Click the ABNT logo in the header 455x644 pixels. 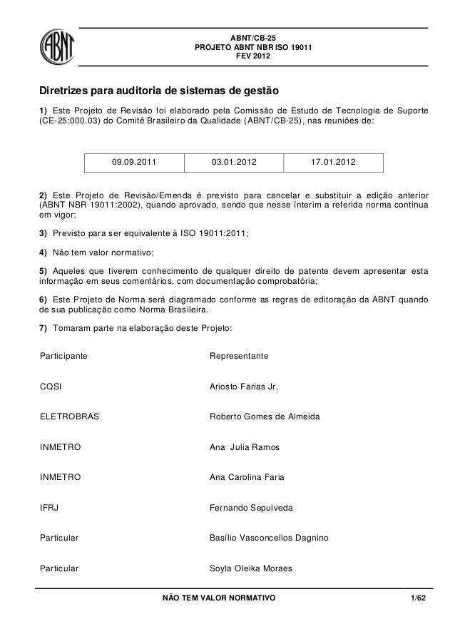pyautogui.click(x=61, y=47)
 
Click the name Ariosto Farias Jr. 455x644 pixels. pyautogui.click(x=242, y=386)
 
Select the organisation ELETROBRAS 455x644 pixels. pyautogui.click(x=68, y=416)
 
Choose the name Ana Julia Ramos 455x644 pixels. pyautogui.click(x=244, y=447)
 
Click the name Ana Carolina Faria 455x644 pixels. pyautogui.click(x=247, y=477)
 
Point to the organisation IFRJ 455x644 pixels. pyautogui.click(x=49, y=508)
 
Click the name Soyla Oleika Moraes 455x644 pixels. pyautogui.click(x=250, y=569)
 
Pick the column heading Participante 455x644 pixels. pyautogui.click(x=64, y=355)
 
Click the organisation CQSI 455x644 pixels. pyautogui.click(x=51, y=386)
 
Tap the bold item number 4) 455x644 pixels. pyautogui.click(x=43, y=252)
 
